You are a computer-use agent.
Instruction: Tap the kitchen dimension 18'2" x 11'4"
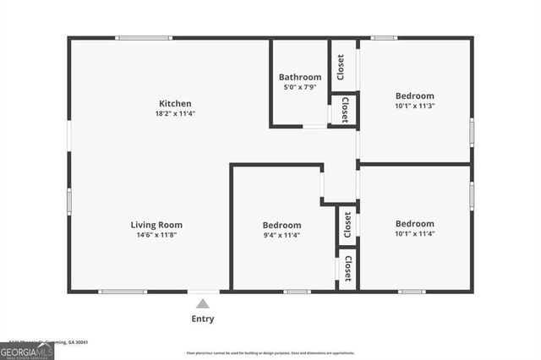pos(174,114)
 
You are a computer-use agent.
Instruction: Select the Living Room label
pos(156,225)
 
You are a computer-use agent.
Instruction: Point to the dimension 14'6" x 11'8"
pos(156,235)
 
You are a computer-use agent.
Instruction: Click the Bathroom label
pos(300,77)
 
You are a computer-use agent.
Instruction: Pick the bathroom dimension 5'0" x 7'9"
pos(300,87)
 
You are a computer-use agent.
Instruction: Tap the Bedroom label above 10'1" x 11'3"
pos(414,95)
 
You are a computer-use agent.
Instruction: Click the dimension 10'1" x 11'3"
pos(414,106)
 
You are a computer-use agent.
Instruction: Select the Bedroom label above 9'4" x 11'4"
pos(281,225)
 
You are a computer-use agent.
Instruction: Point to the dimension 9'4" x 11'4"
pos(281,235)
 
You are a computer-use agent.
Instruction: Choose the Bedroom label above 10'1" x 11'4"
pos(414,224)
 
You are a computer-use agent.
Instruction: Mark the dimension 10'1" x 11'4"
pos(414,234)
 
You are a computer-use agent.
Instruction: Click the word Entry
pos(203,319)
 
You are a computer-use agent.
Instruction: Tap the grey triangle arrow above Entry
pos(203,303)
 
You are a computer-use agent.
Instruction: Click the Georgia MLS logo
pos(27,350)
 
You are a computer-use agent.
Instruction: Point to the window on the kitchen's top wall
pos(144,38)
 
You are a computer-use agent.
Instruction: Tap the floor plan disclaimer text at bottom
pos(271,353)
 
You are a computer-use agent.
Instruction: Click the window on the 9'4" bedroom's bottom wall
pos(297,292)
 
